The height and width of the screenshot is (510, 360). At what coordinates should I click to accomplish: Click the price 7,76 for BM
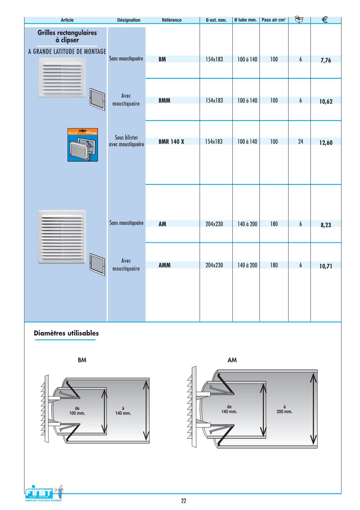[x=325, y=60]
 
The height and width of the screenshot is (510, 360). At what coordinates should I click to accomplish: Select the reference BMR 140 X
[x=171, y=142]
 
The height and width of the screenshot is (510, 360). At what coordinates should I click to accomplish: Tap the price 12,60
[x=325, y=143]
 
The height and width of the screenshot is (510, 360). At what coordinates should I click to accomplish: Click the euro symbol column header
[x=325, y=20]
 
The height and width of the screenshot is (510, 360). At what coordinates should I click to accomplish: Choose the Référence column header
[x=171, y=20]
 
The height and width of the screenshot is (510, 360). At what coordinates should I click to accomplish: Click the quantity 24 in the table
[x=300, y=142]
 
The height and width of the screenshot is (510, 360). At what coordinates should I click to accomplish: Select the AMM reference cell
[x=164, y=265]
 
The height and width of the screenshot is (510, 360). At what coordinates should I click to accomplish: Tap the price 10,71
[x=325, y=266]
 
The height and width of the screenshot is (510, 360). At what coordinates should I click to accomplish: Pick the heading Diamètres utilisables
[x=66, y=333]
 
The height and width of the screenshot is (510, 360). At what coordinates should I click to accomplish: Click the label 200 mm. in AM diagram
[x=284, y=412]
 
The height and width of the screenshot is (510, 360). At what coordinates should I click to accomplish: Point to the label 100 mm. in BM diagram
[x=77, y=413]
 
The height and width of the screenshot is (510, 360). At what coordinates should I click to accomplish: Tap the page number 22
[x=183, y=501]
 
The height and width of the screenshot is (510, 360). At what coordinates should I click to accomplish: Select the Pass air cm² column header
[x=273, y=20]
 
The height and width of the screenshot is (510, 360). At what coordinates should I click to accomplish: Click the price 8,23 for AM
[x=325, y=225]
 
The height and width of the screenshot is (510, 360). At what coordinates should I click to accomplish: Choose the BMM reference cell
[x=164, y=101]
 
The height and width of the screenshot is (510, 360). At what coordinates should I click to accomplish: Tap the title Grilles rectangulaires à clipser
[x=67, y=36]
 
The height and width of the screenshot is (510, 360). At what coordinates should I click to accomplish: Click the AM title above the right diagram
[x=232, y=360]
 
